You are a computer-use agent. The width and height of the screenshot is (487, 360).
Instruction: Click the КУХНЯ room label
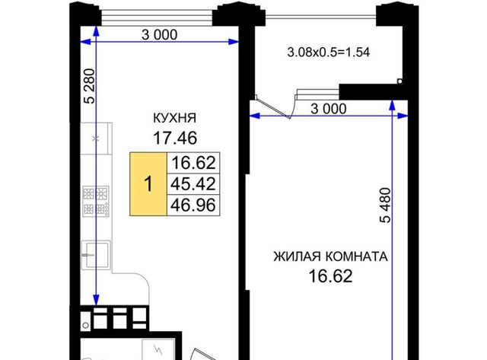pyautogui.click(x=175, y=118)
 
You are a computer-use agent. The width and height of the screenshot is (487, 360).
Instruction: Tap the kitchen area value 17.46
pyautogui.click(x=175, y=138)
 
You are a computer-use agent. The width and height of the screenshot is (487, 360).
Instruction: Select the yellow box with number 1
pyautogui.click(x=148, y=184)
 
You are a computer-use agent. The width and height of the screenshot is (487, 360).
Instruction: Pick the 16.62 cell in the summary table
pyautogui.click(x=193, y=163)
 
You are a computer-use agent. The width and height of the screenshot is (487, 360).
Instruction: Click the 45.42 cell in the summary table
pyautogui.click(x=193, y=184)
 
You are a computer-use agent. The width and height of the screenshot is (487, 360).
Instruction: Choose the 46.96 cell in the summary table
pyautogui.click(x=193, y=205)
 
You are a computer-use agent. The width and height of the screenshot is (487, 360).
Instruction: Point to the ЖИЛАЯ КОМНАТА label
pyautogui.click(x=331, y=257)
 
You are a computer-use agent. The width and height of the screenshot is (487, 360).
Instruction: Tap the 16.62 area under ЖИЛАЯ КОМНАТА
pyautogui.click(x=331, y=276)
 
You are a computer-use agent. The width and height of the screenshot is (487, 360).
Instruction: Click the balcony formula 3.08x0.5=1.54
pyautogui.click(x=329, y=53)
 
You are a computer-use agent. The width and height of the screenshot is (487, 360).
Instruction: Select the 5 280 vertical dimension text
pyautogui.click(x=90, y=86)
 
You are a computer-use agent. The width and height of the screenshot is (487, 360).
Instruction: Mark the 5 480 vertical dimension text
pyautogui.click(x=385, y=205)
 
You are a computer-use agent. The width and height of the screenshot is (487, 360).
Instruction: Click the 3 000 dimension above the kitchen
pyautogui.click(x=160, y=35)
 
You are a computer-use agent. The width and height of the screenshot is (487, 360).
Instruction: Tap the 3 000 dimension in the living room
pyautogui.click(x=329, y=109)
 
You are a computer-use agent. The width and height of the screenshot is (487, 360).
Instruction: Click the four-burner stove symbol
pyautogui.click(x=96, y=201)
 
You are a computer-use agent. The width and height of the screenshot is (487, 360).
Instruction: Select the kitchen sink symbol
pyautogui.click(x=96, y=255)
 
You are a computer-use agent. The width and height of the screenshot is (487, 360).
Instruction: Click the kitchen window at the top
pyautogui.click(x=157, y=18)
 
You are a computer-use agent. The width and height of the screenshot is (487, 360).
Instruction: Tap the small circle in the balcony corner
pyautogui.click(x=400, y=81)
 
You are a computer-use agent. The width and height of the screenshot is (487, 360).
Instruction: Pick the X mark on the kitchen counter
pyautogui.click(x=96, y=139)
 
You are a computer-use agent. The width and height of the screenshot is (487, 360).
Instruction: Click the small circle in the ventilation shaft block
pyautogui.click(x=86, y=326)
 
